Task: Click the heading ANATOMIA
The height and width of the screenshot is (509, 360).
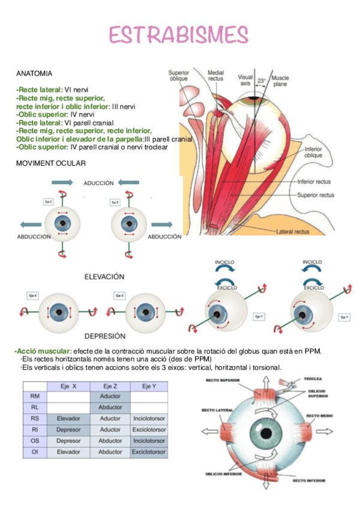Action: [x=34, y=73]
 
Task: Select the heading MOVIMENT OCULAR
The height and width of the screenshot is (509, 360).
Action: [x=51, y=163]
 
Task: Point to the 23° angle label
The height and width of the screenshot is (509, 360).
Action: [x=261, y=80]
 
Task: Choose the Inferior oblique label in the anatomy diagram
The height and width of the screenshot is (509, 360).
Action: [x=313, y=152]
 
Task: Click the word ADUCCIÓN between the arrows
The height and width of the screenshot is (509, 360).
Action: [x=98, y=183]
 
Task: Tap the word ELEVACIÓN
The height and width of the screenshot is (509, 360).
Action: [x=104, y=277]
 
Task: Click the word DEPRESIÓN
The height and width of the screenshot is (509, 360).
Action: [x=104, y=336]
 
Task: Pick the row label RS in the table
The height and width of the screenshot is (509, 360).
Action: [x=35, y=418]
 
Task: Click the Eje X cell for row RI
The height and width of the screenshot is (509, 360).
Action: [x=68, y=430]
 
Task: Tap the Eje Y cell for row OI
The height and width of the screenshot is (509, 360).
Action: [x=149, y=451]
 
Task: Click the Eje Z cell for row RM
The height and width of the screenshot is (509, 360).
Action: [x=110, y=396]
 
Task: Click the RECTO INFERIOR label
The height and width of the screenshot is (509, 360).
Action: [x=309, y=480]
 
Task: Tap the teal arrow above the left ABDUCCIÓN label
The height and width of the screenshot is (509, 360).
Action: [x=30, y=224]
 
